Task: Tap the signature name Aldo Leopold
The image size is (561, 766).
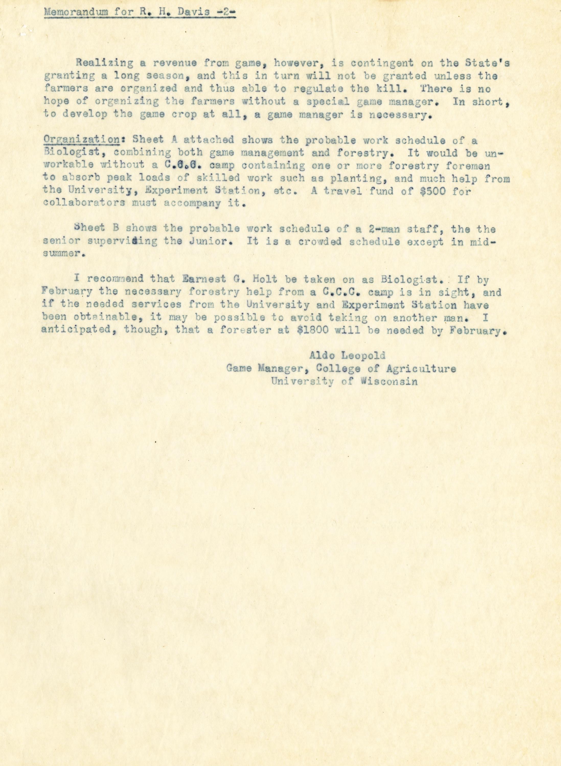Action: coord(347,356)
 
